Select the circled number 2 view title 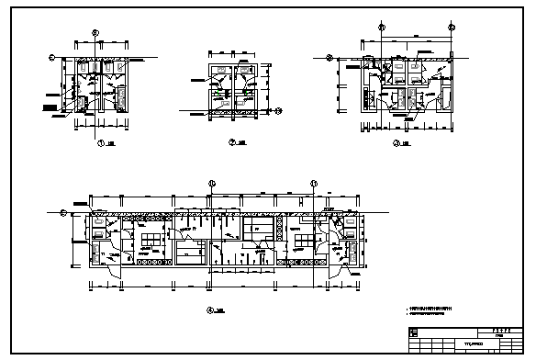tap(232, 143)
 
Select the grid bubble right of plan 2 tap(278, 109)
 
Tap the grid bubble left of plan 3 tap(330, 58)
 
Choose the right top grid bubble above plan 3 tap(451, 27)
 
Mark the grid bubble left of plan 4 tap(63, 213)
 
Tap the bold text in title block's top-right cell tap(499, 330)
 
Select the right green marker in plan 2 tap(250, 93)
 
